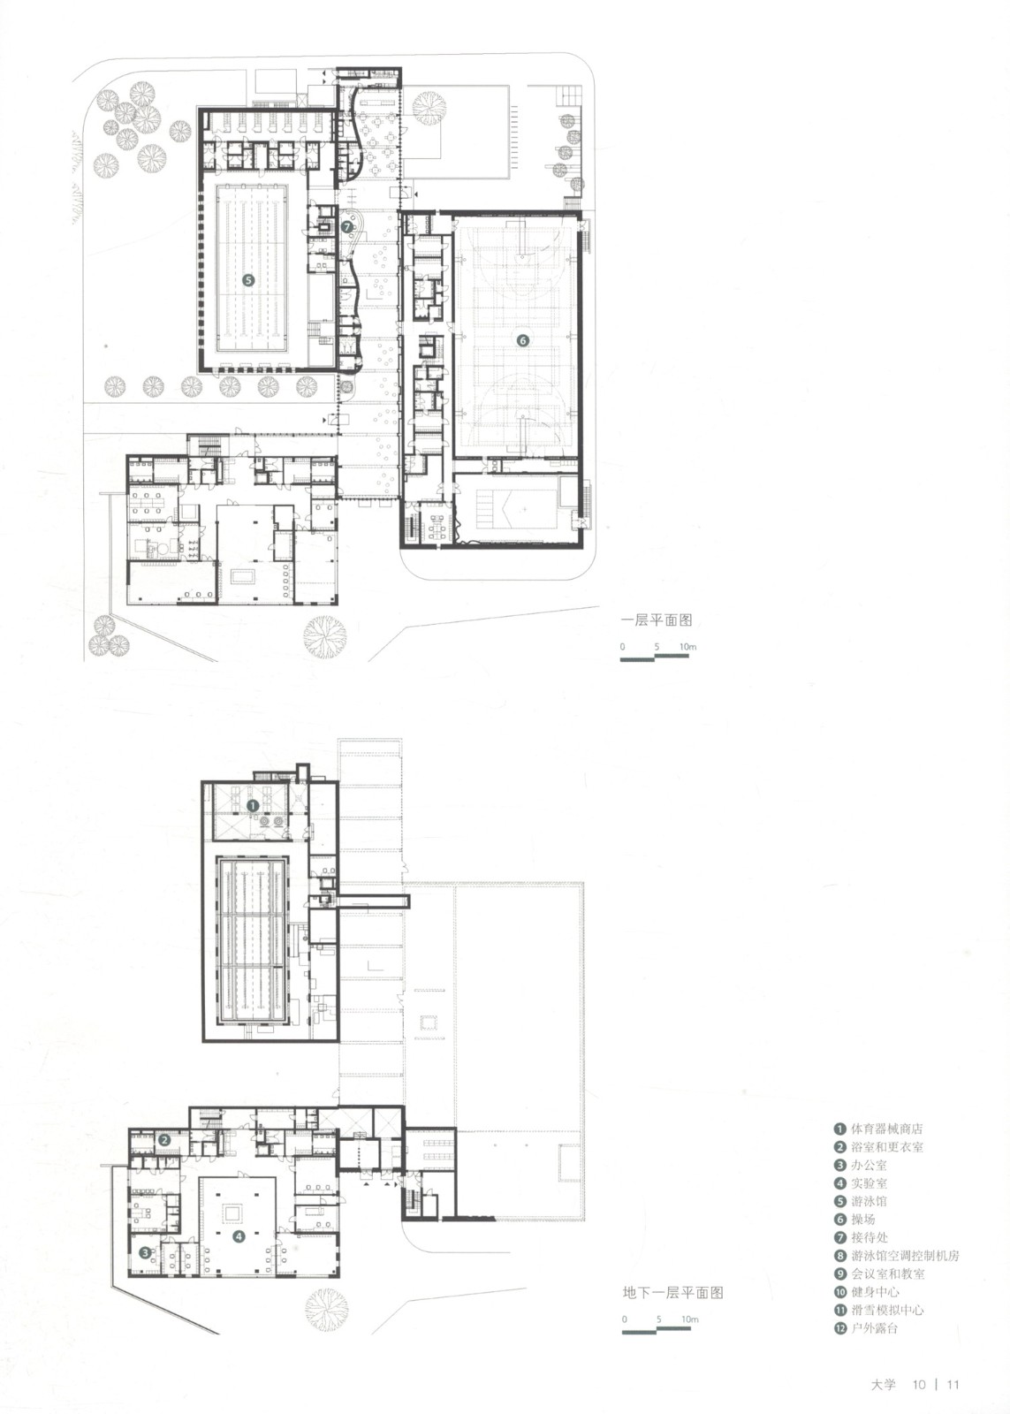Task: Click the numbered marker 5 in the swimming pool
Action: pos(248,280)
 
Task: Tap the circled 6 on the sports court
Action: pos(522,340)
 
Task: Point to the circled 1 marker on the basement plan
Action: pos(252,805)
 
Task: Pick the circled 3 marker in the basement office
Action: pos(145,1253)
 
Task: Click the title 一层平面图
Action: pos(657,620)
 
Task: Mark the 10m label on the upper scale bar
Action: pos(688,647)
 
